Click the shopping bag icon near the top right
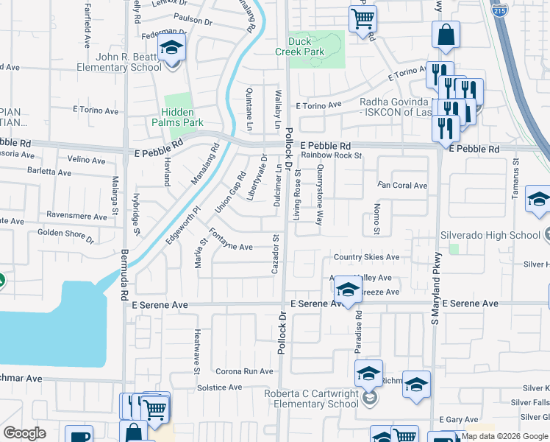446,35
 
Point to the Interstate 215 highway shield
500,10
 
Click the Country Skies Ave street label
366,257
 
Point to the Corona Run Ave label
244,371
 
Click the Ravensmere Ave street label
76,217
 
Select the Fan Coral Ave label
401,186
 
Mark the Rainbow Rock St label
332,155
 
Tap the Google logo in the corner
24,432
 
